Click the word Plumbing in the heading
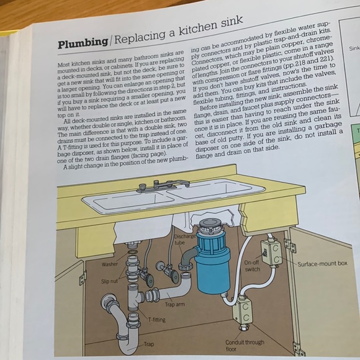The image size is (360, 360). (x=82, y=44)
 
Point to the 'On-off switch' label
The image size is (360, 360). (x=252, y=265)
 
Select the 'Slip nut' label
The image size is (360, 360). (x=110, y=281)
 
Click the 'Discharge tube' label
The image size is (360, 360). (x=185, y=238)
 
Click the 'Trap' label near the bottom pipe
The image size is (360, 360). (x=149, y=344)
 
